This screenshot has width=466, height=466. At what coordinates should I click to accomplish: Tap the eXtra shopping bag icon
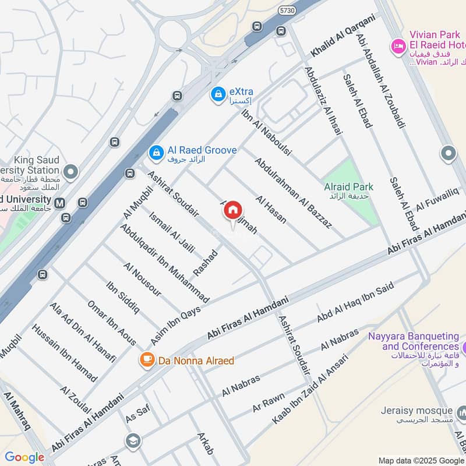[x=218, y=93]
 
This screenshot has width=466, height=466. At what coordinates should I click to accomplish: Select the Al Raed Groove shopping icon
[x=156, y=152]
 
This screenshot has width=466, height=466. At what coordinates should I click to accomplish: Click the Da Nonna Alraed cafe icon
[x=146, y=359]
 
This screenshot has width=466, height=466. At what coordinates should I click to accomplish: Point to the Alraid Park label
[x=349, y=187]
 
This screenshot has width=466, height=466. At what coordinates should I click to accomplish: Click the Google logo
[x=24, y=457]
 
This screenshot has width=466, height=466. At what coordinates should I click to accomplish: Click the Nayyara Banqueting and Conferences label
[x=414, y=341]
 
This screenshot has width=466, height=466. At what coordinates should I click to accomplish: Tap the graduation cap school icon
[x=133, y=440]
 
